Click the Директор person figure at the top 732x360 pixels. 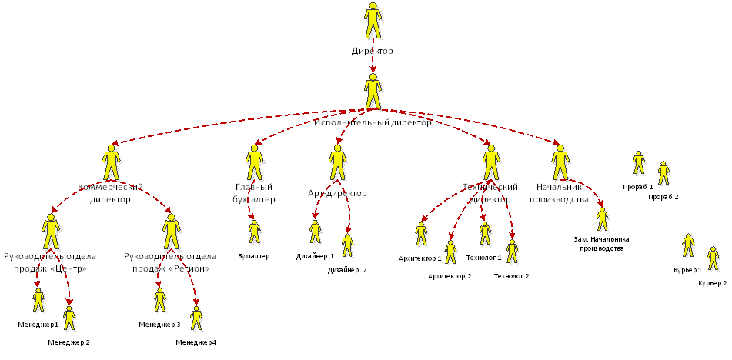373,22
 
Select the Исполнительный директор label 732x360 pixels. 373,122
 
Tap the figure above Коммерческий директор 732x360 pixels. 112,162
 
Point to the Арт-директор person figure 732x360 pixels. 337,162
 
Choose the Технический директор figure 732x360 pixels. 490,162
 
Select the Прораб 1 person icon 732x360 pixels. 638,162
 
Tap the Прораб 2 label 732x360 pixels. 663,197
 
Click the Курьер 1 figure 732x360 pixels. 688,245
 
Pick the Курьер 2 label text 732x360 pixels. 712,283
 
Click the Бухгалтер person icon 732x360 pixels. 255,232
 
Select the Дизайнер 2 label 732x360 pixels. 347,270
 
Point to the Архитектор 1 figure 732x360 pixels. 421,234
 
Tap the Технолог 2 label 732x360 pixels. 511,275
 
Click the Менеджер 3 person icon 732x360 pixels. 160,300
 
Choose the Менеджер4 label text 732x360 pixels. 196,342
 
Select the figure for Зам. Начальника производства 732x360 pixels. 601,219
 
